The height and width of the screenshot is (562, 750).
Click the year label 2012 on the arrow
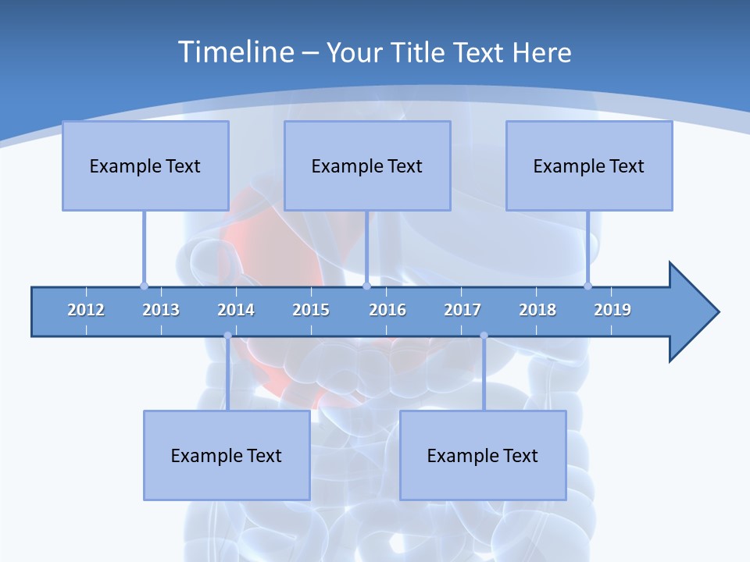[86, 310]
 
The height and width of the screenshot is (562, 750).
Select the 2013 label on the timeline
[161, 310]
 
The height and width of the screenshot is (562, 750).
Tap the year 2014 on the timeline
[236, 310]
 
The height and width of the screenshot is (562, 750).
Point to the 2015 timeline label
[311, 310]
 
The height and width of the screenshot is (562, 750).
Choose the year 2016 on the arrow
[387, 310]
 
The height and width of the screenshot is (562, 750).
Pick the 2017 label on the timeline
[462, 310]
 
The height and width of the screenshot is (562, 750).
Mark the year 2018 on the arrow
[537, 310]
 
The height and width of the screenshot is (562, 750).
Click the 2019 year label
[612, 310]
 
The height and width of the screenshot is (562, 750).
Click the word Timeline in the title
[234, 52]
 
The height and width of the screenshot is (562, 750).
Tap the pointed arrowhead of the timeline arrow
[695, 312]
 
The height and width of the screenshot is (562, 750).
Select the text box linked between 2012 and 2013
[145, 165]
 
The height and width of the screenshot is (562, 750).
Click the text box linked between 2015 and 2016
[367, 165]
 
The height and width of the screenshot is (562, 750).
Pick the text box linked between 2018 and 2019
[589, 165]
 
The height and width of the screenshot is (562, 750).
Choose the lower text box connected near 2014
[227, 455]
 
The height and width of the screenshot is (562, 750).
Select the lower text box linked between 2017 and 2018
[483, 455]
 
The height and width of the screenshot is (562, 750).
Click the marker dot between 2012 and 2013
[144, 286]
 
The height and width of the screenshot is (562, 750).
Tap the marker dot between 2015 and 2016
[366, 286]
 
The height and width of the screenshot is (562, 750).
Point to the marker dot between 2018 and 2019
[587, 286]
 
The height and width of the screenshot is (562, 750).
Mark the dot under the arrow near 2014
[227, 336]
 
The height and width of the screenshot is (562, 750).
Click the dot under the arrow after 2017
[484, 336]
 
